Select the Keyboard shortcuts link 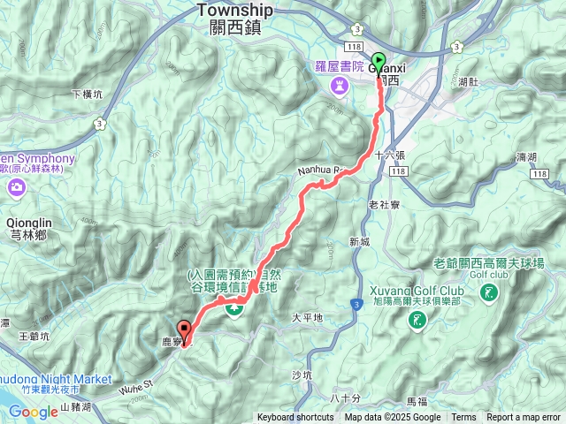point(295,418)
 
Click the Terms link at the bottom point(463,418)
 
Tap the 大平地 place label point(307,317)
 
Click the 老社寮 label point(385,205)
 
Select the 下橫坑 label point(87,94)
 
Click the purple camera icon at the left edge point(17,187)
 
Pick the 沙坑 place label point(302,375)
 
